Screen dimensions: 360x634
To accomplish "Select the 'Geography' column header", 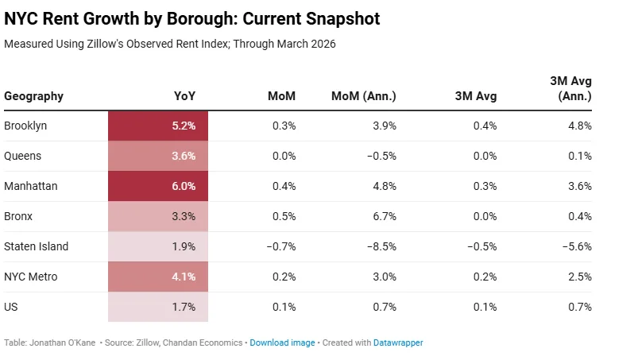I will click(33, 97).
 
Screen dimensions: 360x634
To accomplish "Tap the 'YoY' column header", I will click(184, 97).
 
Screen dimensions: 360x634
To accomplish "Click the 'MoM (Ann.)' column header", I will click(363, 97).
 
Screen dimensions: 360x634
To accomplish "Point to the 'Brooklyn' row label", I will click(25, 126).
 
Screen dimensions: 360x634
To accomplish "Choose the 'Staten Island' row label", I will click(36, 246).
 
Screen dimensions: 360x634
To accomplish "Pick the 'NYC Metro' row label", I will click(31, 277).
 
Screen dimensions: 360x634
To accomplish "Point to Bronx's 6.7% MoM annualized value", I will click(383, 216).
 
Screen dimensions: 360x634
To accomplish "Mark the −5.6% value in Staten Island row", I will click(577, 246).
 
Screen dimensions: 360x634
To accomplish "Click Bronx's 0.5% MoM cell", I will click(283, 216).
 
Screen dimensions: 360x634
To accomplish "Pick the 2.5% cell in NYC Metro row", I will click(580, 277).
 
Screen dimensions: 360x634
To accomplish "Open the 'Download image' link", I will click(282, 343).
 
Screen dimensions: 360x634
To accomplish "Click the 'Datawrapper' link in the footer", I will click(399, 343).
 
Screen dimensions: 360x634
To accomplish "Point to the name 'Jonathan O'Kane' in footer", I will click(63, 343).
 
